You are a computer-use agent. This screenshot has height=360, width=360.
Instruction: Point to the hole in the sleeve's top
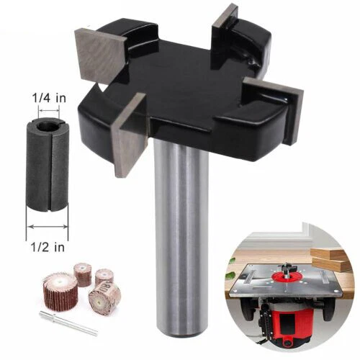click(x=48, y=127)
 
